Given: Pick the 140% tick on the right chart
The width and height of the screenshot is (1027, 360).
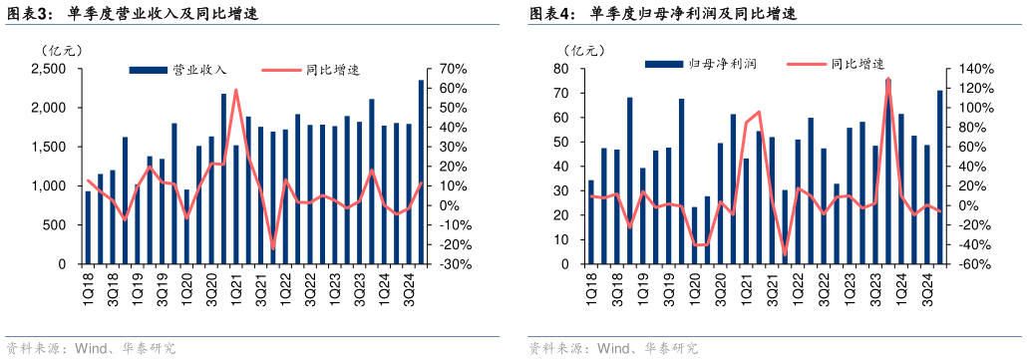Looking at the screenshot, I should pos(976,69).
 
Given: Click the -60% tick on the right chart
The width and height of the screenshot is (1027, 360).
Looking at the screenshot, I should pos(976,265).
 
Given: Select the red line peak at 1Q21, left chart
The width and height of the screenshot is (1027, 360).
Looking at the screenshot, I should pos(236,90).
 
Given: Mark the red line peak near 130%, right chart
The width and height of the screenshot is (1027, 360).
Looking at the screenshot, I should pos(887,79).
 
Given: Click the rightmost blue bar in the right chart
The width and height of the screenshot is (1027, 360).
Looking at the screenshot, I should pos(939,178).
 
